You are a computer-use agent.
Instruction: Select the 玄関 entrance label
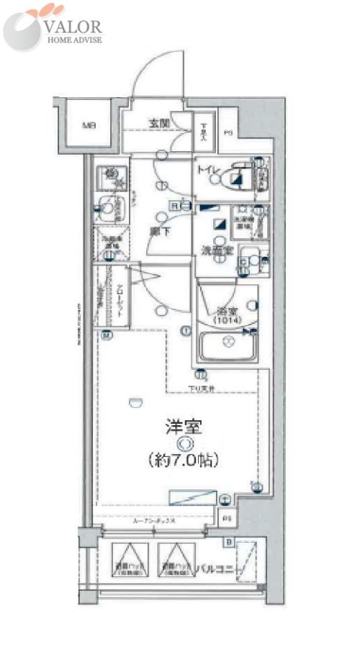coord(159,123)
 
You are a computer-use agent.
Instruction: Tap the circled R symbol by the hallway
coord(174,207)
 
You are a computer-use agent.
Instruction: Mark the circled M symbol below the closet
coord(107,334)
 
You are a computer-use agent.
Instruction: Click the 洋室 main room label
coord(184,425)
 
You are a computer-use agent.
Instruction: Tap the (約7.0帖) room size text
coord(184,458)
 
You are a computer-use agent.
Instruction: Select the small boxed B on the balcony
coord(229,541)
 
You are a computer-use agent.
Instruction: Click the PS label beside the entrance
coord(228,132)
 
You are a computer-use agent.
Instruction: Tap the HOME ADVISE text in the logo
coord(74,40)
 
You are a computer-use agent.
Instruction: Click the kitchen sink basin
coord(107,209)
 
